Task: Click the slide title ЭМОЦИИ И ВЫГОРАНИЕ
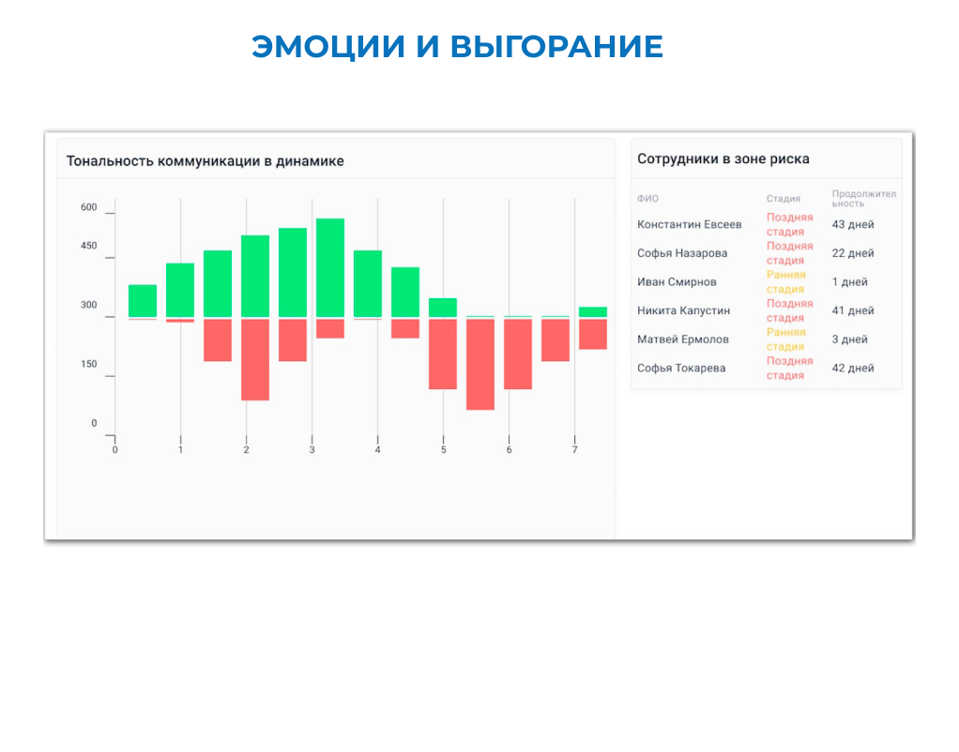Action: tap(457, 46)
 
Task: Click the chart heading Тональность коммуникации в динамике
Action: tap(205, 161)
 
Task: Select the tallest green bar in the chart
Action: tap(330, 267)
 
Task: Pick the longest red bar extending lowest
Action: tap(480, 364)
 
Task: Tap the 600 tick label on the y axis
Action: tap(88, 207)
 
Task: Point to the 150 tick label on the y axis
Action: tap(88, 364)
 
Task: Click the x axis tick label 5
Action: tap(443, 451)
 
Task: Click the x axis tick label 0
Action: tap(115, 451)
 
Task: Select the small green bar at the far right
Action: tap(592, 311)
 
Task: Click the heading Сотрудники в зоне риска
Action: tap(723, 159)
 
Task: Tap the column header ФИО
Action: tap(647, 199)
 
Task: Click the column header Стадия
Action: tap(783, 199)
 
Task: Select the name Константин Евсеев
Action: tap(689, 225)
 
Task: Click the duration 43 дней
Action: tap(852, 225)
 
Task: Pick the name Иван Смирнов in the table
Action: tap(677, 282)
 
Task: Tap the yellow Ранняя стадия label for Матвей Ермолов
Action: tap(785, 339)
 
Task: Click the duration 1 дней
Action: tap(849, 282)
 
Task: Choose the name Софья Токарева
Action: tap(681, 368)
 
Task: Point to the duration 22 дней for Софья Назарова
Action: tap(852, 253)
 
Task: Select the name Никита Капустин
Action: tap(683, 311)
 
